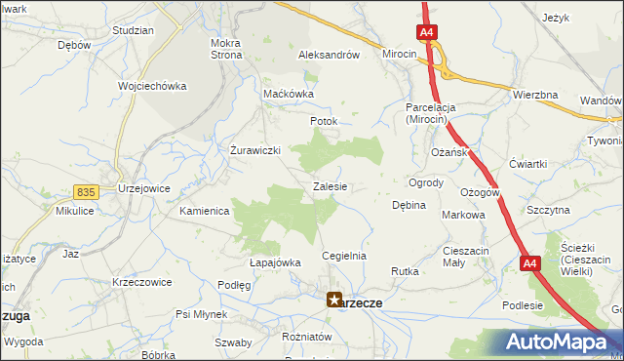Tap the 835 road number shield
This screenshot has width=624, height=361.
(87, 194)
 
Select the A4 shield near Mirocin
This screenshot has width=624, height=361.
(427, 33)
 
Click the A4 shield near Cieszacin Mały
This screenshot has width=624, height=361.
(529, 263)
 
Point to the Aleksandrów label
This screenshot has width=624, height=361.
(330, 56)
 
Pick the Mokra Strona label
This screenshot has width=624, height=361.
(226, 49)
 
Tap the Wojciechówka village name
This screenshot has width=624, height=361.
(152, 86)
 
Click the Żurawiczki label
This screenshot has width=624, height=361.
(255, 150)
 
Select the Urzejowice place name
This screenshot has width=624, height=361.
(143, 187)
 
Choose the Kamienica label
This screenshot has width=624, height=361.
(204, 210)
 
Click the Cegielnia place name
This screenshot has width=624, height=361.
(344, 256)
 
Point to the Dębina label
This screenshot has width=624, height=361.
(409, 206)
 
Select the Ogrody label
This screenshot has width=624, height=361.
(426, 182)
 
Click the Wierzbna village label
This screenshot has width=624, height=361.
(534, 95)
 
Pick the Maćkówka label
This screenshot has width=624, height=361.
(289, 94)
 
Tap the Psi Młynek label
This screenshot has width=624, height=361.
(201, 314)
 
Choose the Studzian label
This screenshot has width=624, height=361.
(133, 30)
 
